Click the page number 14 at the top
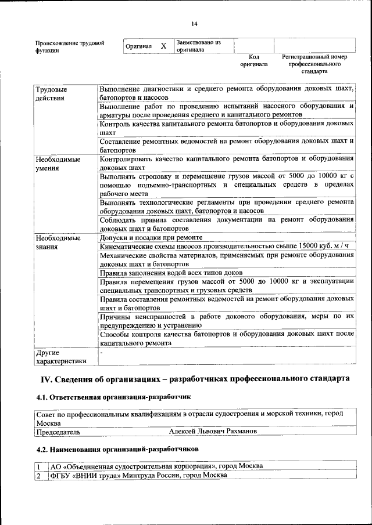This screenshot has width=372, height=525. pyautogui.click(x=194, y=24)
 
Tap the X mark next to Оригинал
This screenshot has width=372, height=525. pyautogui.click(x=163, y=46)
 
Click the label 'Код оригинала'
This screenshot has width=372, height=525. pyautogui.click(x=254, y=61)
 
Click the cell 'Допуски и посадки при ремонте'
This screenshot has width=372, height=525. pyautogui.click(x=151, y=238)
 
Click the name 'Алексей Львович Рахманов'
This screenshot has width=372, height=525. pyautogui.click(x=213, y=432)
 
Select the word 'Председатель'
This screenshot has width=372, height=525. pyautogui.click(x=58, y=432)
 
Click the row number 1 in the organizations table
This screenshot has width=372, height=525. pyautogui.click(x=38, y=466)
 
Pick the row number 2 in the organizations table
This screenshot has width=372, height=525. pyautogui.click(x=38, y=475)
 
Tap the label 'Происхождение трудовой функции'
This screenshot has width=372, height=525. pyautogui.click(x=70, y=47)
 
